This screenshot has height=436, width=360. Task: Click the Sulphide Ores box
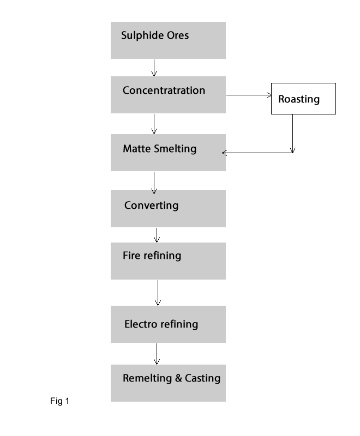[x=168, y=40]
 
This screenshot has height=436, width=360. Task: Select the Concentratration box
[x=168, y=95]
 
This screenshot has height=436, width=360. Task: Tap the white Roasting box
[x=303, y=99]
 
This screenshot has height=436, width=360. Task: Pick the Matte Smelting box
[x=168, y=153]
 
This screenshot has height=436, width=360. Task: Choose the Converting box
[x=168, y=209]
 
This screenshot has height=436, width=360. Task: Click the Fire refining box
[x=168, y=261]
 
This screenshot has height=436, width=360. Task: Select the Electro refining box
[x=168, y=324]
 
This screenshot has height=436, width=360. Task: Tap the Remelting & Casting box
[x=168, y=383]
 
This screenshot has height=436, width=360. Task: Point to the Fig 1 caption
[x=59, y=402]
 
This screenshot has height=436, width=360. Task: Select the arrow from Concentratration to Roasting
[x=249, y=95]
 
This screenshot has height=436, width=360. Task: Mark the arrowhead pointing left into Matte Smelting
[x=225, y=153]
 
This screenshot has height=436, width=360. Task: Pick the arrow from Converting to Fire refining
[x=157, y=235]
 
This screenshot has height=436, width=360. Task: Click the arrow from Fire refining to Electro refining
[x=158, y=293]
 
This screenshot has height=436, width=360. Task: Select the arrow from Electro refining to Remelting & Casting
[x=157, y=354]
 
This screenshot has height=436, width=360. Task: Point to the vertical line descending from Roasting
[x=293, y=133]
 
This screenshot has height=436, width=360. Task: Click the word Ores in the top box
[x=177, y=36]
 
